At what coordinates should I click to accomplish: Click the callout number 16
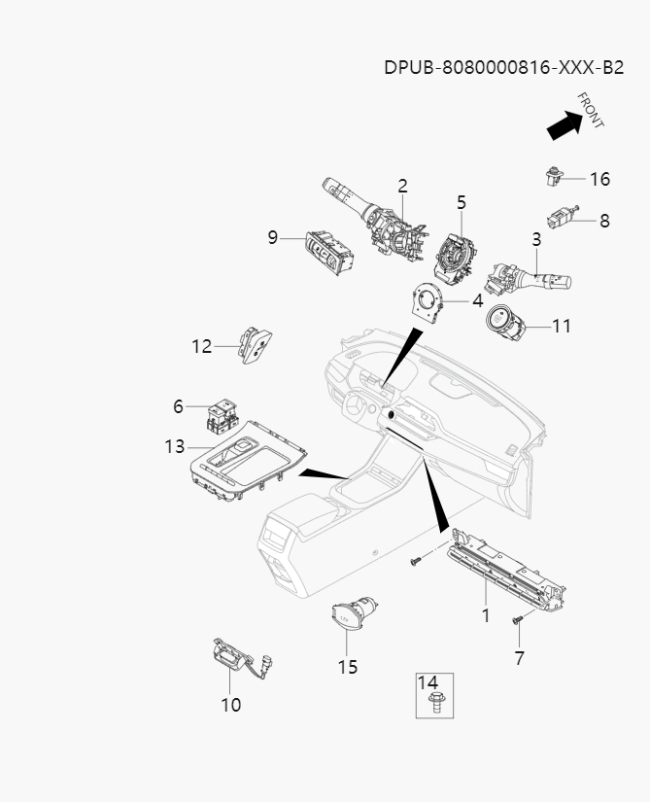pos(599,179)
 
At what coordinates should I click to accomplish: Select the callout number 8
pos(604,221)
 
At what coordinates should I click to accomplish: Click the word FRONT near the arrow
pos(591,110)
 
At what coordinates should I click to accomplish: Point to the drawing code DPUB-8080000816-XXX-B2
pos(503,67)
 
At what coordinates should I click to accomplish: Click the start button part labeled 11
pos(506,324)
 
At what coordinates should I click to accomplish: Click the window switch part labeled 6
pos(220,413)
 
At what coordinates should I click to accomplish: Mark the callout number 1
pos(486,615)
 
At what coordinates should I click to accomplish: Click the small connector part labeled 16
pos(553,176)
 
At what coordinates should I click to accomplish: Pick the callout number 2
pos(402,186)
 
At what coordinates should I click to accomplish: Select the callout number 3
pos(535,239)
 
